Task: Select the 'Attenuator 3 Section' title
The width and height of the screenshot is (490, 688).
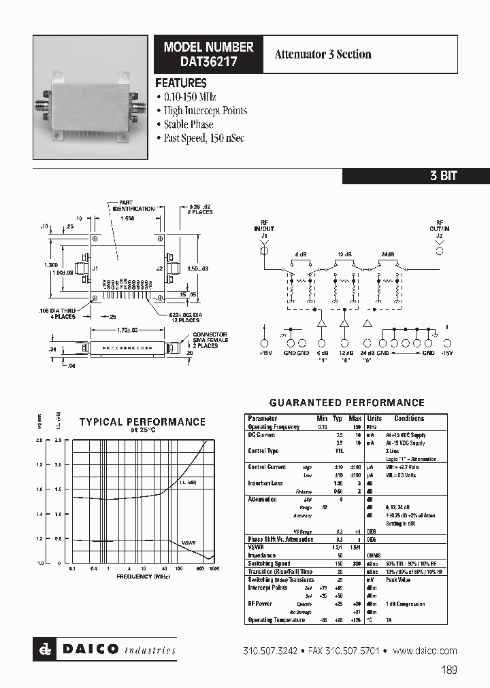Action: click(323, 54)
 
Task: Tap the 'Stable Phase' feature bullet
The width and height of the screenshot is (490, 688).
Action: click(188, 124)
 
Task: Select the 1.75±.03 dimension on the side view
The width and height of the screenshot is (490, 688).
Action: click(127, 330)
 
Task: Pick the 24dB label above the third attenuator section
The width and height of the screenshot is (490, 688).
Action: click(387, 254)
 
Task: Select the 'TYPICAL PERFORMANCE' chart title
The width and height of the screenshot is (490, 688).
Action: click(142, 422)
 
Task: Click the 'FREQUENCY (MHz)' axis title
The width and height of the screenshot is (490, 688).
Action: click(143, 577)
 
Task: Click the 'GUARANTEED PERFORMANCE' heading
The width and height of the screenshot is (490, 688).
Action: click(346, 402)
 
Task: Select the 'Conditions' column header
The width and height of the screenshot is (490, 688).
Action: click(408, 418)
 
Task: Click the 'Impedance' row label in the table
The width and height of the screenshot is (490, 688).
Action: click(261, 555)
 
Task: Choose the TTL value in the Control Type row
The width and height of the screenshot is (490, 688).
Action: click(321, 451)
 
